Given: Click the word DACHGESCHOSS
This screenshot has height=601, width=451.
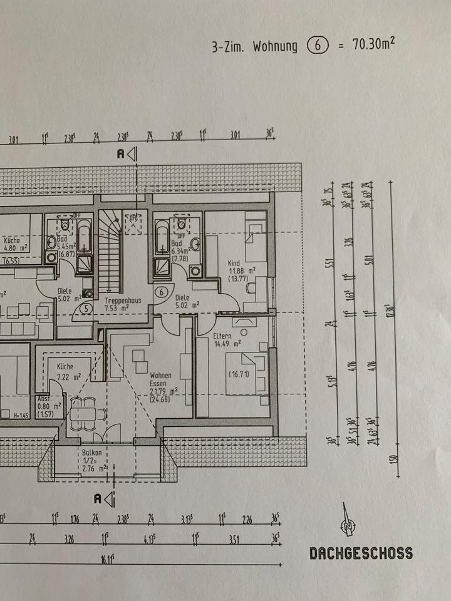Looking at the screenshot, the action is (x=361, y=553).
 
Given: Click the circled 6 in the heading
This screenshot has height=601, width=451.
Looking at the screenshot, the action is (x=317, y=46).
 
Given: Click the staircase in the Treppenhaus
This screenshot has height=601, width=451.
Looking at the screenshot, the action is (x=110, y=254).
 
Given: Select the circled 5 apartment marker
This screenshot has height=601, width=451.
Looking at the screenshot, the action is (x=86, y=307).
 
